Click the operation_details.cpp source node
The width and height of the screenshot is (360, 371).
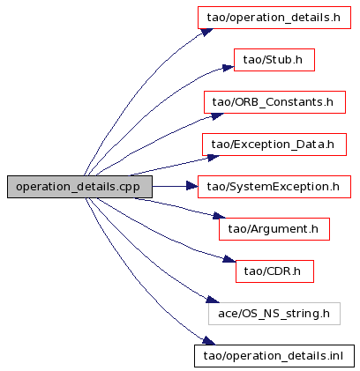[x=79, y=187]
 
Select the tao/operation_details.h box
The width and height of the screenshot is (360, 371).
[x=274, y=18]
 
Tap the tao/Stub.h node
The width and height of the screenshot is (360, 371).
[x=274, y=60]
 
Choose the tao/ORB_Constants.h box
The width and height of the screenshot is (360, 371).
[x=274, y=102]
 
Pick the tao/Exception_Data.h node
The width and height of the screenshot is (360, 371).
[x=274, y=145]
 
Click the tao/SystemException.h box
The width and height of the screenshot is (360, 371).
[x=274, y=187]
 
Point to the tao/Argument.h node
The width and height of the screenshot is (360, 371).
[x=274, y=229]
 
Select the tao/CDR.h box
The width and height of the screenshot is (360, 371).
[x=274, y=271]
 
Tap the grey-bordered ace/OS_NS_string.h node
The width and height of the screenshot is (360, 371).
[x=274, y=314]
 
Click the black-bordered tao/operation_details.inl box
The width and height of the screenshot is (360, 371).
[x=274, y=356]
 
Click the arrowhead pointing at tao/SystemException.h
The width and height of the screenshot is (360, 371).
[x=192, y=186]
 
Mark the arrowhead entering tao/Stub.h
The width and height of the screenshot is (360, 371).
[x=229, y=68]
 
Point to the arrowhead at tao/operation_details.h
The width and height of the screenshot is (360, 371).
[x=206, y=32]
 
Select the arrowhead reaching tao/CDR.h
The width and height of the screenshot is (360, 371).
[x=229, y=259]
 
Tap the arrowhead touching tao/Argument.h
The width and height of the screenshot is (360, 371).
[x=219, y=216]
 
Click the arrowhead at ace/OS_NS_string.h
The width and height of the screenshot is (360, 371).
[x=213, y=299]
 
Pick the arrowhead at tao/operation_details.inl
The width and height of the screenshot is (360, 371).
[x=209, y=341]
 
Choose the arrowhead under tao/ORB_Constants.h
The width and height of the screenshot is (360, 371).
[x=217, y=115]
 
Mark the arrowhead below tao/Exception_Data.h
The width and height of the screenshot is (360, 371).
[x=214, y=158]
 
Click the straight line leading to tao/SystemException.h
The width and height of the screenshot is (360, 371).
[x=169, y=186]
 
